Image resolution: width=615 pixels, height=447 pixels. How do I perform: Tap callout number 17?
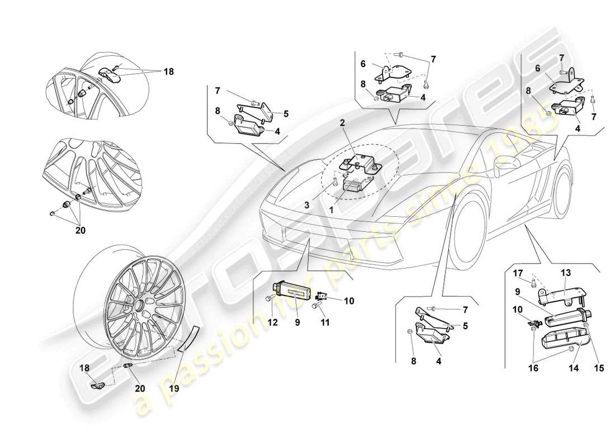517,273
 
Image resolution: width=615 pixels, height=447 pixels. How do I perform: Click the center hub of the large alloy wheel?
138,305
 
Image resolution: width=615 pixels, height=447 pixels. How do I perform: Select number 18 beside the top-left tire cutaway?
168,72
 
